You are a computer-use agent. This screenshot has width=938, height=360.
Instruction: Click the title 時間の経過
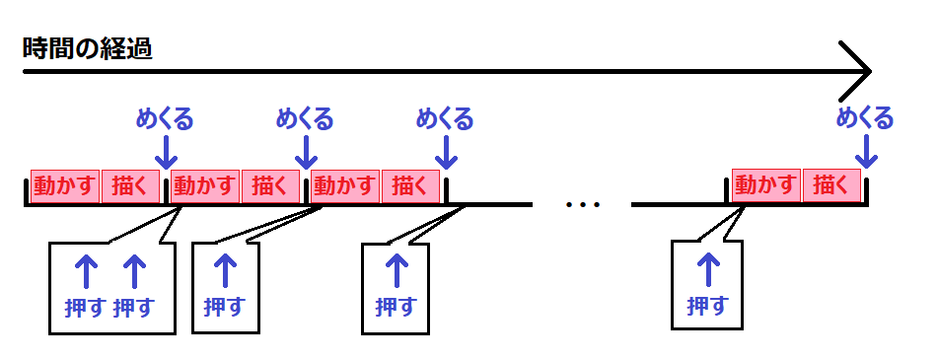pos(89,48)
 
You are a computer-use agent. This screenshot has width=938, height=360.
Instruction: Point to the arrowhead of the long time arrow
pos(860,71)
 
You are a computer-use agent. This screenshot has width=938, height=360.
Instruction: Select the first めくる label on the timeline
pos(165,120)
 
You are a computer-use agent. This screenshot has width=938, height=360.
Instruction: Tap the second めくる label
pos(305,120)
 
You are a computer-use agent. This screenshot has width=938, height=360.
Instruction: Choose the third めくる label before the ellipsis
pos(445,120)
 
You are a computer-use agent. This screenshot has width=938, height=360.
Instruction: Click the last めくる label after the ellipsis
pos(865,119)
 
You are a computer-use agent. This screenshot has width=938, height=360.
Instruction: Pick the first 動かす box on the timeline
pos(65,184)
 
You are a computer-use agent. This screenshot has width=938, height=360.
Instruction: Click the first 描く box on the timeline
pos(130,184)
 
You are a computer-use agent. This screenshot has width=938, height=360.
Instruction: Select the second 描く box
pos(270,184)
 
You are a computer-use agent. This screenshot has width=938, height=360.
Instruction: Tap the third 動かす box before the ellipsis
pos(345,184)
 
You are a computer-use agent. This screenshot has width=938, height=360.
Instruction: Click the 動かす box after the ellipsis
pos(765,184)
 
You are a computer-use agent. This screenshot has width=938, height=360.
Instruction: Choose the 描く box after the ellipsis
pos(831,184)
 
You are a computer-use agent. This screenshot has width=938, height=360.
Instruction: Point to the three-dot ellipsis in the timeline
pos(583,205)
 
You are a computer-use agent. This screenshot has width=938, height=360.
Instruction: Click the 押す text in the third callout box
pos(397,306)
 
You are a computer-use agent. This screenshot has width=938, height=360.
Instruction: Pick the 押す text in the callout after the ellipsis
pos(707,306)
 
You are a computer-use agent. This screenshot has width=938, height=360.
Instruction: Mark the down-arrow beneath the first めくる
pos(166,151)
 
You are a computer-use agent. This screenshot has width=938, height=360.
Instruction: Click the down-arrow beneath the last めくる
pos(866,151)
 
